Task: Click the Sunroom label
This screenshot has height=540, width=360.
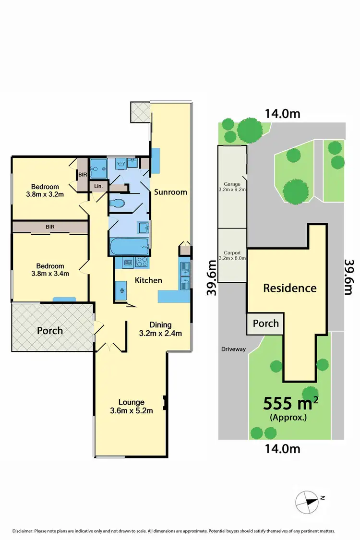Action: tap(170, 192)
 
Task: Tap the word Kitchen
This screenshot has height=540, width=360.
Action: tap(148, 280)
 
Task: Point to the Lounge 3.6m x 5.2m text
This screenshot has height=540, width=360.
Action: tap(132, 406)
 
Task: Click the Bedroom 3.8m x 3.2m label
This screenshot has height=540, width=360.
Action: tap(45, 191)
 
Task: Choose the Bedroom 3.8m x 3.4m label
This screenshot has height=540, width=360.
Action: tap(45, 270)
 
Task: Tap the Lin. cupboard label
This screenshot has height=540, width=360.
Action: tap(99, 186)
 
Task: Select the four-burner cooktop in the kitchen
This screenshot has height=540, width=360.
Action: tap(142, 262)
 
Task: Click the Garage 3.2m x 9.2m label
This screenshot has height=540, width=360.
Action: tap(232, 187)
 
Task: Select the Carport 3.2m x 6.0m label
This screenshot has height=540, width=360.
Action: tap(233, 255)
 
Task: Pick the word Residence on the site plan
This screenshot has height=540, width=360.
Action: tap(289, 288)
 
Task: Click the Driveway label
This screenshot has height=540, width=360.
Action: tap(234, 349)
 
